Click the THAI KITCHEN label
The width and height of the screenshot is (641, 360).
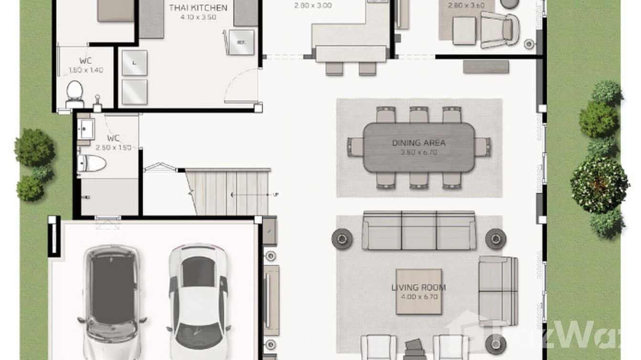(x=198, y=8)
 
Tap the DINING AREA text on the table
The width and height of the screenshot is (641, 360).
(x=418, y=142)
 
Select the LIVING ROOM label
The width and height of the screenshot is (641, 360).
(x=418, y=287)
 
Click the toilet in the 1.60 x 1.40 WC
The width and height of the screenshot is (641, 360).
(x=75, y=92)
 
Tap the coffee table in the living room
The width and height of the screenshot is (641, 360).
(x=419, y=291)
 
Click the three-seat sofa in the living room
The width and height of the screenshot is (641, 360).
(x=419, y=231)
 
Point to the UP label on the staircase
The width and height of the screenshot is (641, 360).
(x=276, y=195)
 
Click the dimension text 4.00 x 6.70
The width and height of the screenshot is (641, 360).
(x=418, y=297)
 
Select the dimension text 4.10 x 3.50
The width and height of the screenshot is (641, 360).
(x=198, y=17)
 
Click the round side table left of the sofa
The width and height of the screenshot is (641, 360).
(x=342, y=238)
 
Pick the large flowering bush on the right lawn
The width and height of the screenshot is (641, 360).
(x=599, y=185)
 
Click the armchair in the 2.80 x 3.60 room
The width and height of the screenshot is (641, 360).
(x=500, y=30)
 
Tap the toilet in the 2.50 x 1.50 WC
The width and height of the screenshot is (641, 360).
(x=91, y=163)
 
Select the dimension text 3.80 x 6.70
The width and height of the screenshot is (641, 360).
(x=418, y=152)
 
